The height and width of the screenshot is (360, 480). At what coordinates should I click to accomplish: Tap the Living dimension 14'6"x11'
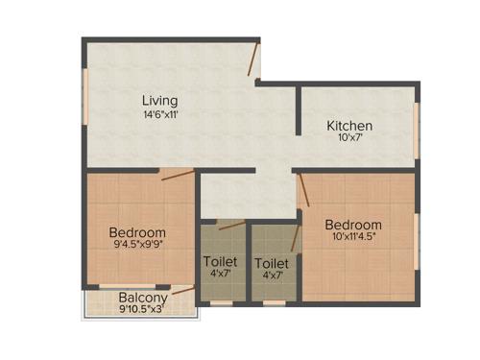coord(159,114)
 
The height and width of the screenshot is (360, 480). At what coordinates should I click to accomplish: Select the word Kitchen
coord(349,126)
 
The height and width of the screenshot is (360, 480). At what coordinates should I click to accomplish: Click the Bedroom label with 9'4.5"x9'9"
coord(137,232)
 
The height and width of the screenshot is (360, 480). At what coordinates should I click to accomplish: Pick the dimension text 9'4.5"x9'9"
coord(137,247)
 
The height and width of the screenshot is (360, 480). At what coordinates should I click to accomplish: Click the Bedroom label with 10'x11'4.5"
coord(351,225)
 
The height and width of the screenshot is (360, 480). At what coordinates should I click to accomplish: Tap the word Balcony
coord(143,297)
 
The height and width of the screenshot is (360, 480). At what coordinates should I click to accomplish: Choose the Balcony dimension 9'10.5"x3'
coord(143,310)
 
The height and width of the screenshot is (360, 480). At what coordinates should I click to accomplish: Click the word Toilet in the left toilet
coord(220,261)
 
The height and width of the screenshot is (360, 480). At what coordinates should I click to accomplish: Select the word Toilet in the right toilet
coord(271,262)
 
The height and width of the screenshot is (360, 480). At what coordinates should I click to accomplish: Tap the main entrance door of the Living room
coord(253,60)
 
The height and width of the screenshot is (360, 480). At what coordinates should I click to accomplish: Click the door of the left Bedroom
coord(178,175)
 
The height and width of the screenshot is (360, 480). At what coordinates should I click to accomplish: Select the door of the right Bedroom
coord(303,190)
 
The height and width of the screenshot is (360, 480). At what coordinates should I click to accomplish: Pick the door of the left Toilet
coord(230,227)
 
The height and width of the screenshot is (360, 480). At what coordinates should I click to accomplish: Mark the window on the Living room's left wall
coord(85,96)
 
